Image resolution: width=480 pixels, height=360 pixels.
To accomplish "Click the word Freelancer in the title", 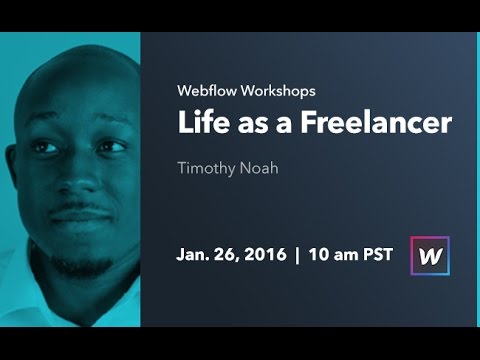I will pyautogui.click(x=385, y=124).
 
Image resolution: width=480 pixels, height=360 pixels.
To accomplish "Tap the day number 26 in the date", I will pyautogui.click(x=227, y=255).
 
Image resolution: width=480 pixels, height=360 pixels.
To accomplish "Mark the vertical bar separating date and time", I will pyautogui.click(x=297, y=255).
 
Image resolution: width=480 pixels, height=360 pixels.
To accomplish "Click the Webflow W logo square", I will pyautogui.click(x=430, y=255).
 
